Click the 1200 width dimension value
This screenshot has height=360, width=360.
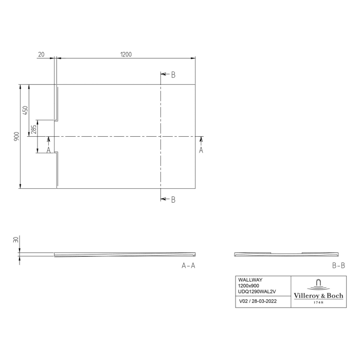click(125, 54)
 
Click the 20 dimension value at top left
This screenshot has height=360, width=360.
click(41, 54)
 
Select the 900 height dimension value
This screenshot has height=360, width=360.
click(16, 136)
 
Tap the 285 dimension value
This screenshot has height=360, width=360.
click(34, 129)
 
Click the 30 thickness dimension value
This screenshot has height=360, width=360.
click(16, 240)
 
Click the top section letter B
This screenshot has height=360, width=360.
click(173, 75)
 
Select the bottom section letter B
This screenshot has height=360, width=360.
click(173, 200)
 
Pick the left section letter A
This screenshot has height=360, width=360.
click(48, 150)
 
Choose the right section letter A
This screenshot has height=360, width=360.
click(201, 150)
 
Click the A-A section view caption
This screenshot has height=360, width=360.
click(188, 265)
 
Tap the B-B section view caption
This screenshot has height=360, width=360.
click(338, 265)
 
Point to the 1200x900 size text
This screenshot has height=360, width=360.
click(249, 285)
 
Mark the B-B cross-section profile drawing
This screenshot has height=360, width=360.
click(286, 254)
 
